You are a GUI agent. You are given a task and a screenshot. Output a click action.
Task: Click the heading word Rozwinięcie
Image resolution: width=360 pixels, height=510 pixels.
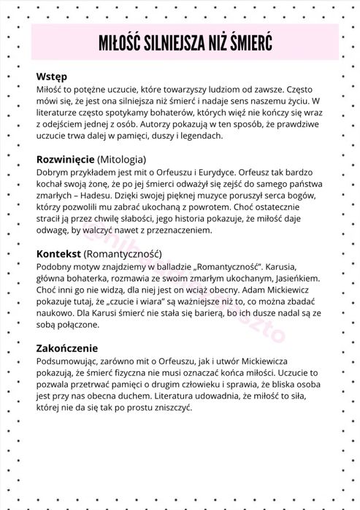pos(66,158)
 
